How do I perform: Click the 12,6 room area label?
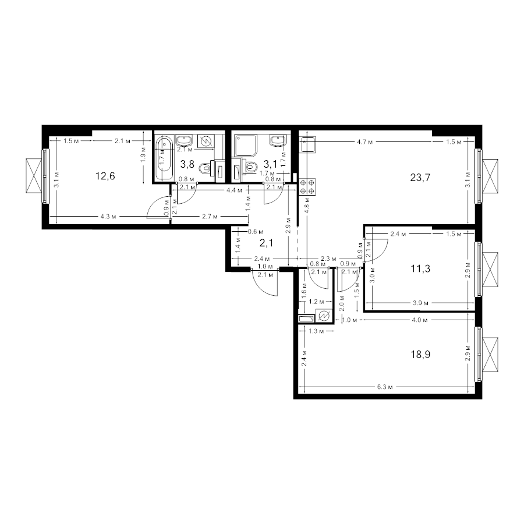point(105,176)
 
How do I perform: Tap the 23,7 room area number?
point(420,178)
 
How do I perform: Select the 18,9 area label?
point(420,354)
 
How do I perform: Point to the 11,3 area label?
point(420,268)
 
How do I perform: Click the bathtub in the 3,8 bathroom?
point(164,158)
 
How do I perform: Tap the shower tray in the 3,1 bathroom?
point(246,146)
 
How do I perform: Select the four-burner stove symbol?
point(307,187)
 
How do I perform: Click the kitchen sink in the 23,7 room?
point(307,144)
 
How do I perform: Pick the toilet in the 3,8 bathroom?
point(205,168)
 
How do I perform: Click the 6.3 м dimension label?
point(385,387)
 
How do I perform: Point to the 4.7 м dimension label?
point(364,142)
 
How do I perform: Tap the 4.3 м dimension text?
point(108,217)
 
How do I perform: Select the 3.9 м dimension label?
point(421,303)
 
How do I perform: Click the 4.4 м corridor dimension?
point(234,190)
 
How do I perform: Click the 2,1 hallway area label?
point(266,243)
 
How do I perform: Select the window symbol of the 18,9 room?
point(486,354)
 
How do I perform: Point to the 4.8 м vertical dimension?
point(307,205)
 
